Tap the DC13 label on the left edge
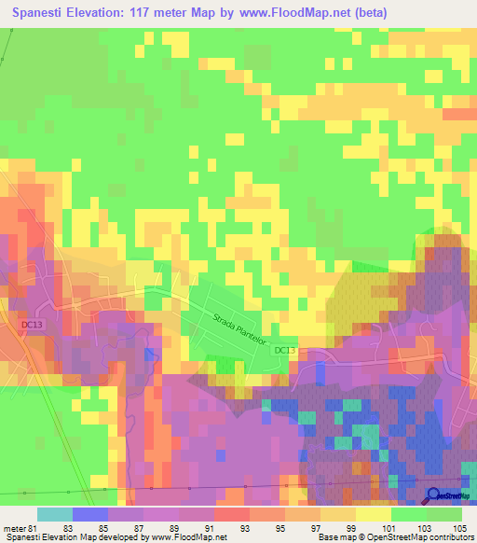click(31, 324)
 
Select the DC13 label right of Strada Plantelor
click(284, 350)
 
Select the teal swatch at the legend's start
click(55, 514)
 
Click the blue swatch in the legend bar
click(90, 514)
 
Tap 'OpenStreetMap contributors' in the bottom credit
click(429, 537)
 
